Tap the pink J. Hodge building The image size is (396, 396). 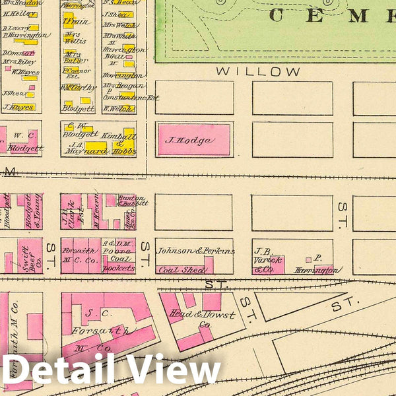194,140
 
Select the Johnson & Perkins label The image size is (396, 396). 196,251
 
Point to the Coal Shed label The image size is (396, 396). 180,269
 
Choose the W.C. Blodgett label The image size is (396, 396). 25,143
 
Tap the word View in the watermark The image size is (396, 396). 175,371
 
